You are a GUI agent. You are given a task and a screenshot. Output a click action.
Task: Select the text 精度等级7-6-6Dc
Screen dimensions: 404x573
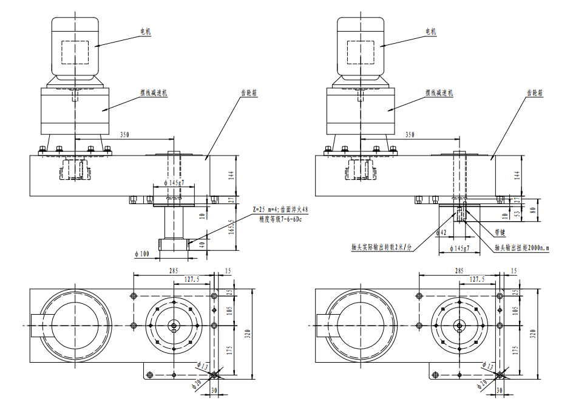tap(280, 218)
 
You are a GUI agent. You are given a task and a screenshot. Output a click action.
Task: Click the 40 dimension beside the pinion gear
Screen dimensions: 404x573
tap(202, 244)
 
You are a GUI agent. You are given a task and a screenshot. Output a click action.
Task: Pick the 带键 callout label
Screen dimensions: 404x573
tap(501, 232)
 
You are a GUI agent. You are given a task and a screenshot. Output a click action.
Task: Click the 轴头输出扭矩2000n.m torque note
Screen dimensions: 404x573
tap(523, 248)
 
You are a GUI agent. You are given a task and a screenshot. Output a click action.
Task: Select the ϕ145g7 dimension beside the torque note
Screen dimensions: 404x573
tap(461, 249)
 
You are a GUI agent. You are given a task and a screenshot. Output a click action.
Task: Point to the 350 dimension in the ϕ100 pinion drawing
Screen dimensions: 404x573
tap(125, 134)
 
